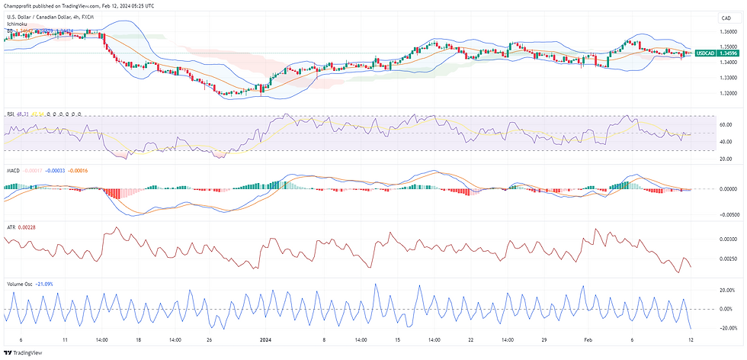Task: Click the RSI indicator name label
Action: pyautogui.click(x=11, y=113)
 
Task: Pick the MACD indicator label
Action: pyautogui.click(x=14, y=170)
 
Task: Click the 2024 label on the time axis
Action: pyautogui.click(x=264, y=340)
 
